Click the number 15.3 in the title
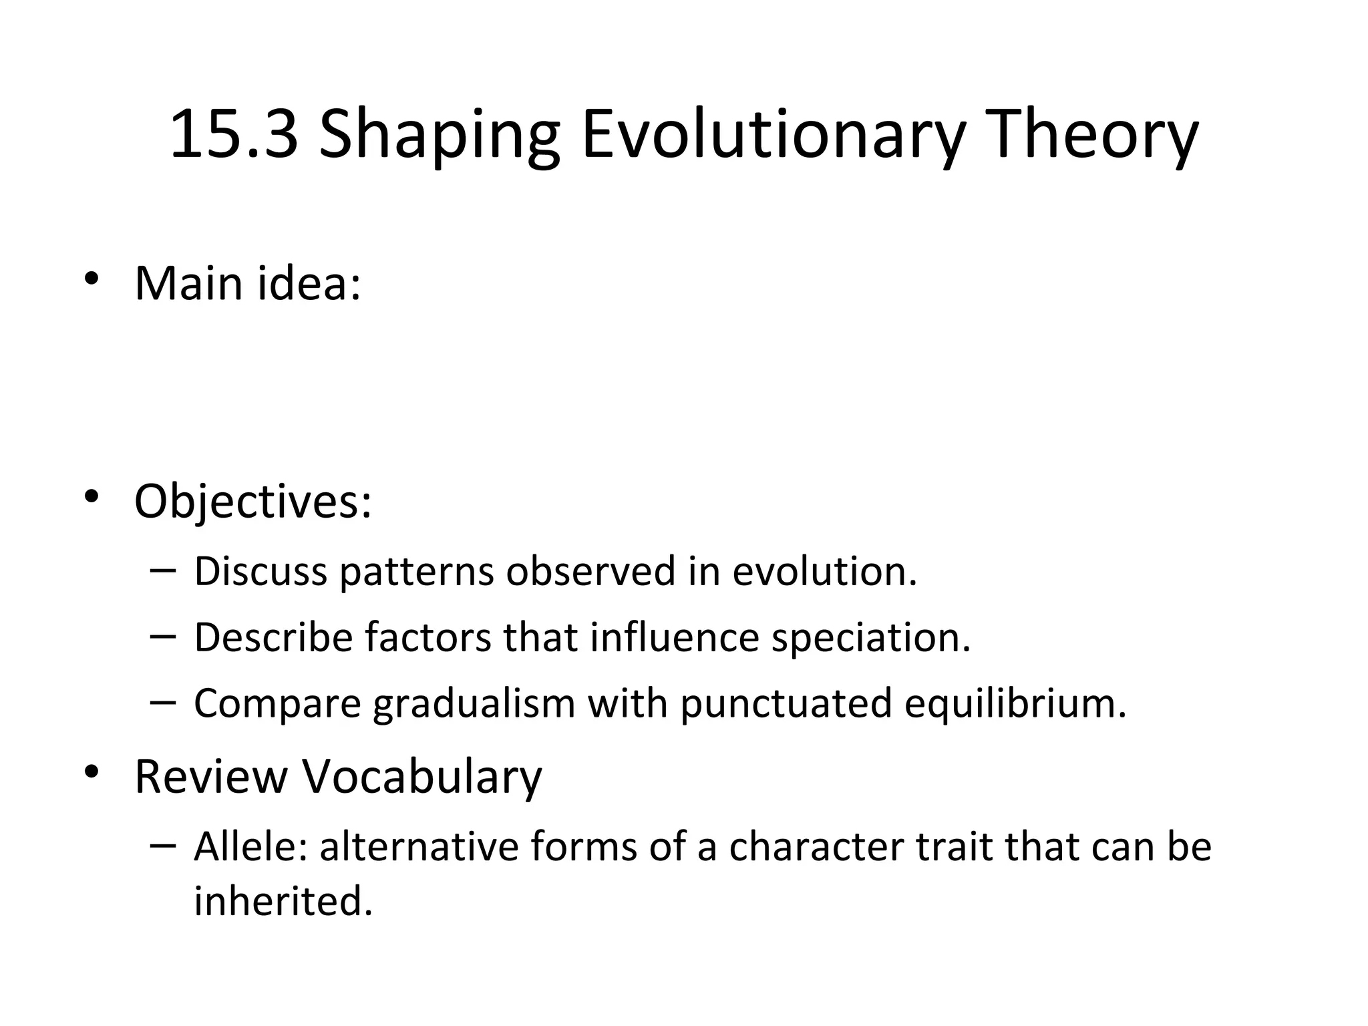click(x=234, y=135)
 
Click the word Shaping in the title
click(x=439, y=135)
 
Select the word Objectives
click(x=252, y=502)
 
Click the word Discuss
click(x=261, y=572)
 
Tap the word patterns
click(x=415, y=573)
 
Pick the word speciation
click(x=870, y=638)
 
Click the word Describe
click(x=273, y=637)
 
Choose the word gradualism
click(x=474, y=704)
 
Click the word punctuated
click(x=786, y=704)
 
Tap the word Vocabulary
click(x=421, y=778)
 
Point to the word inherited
click(x=283, y=901)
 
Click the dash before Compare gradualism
click(x=164, y=702)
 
